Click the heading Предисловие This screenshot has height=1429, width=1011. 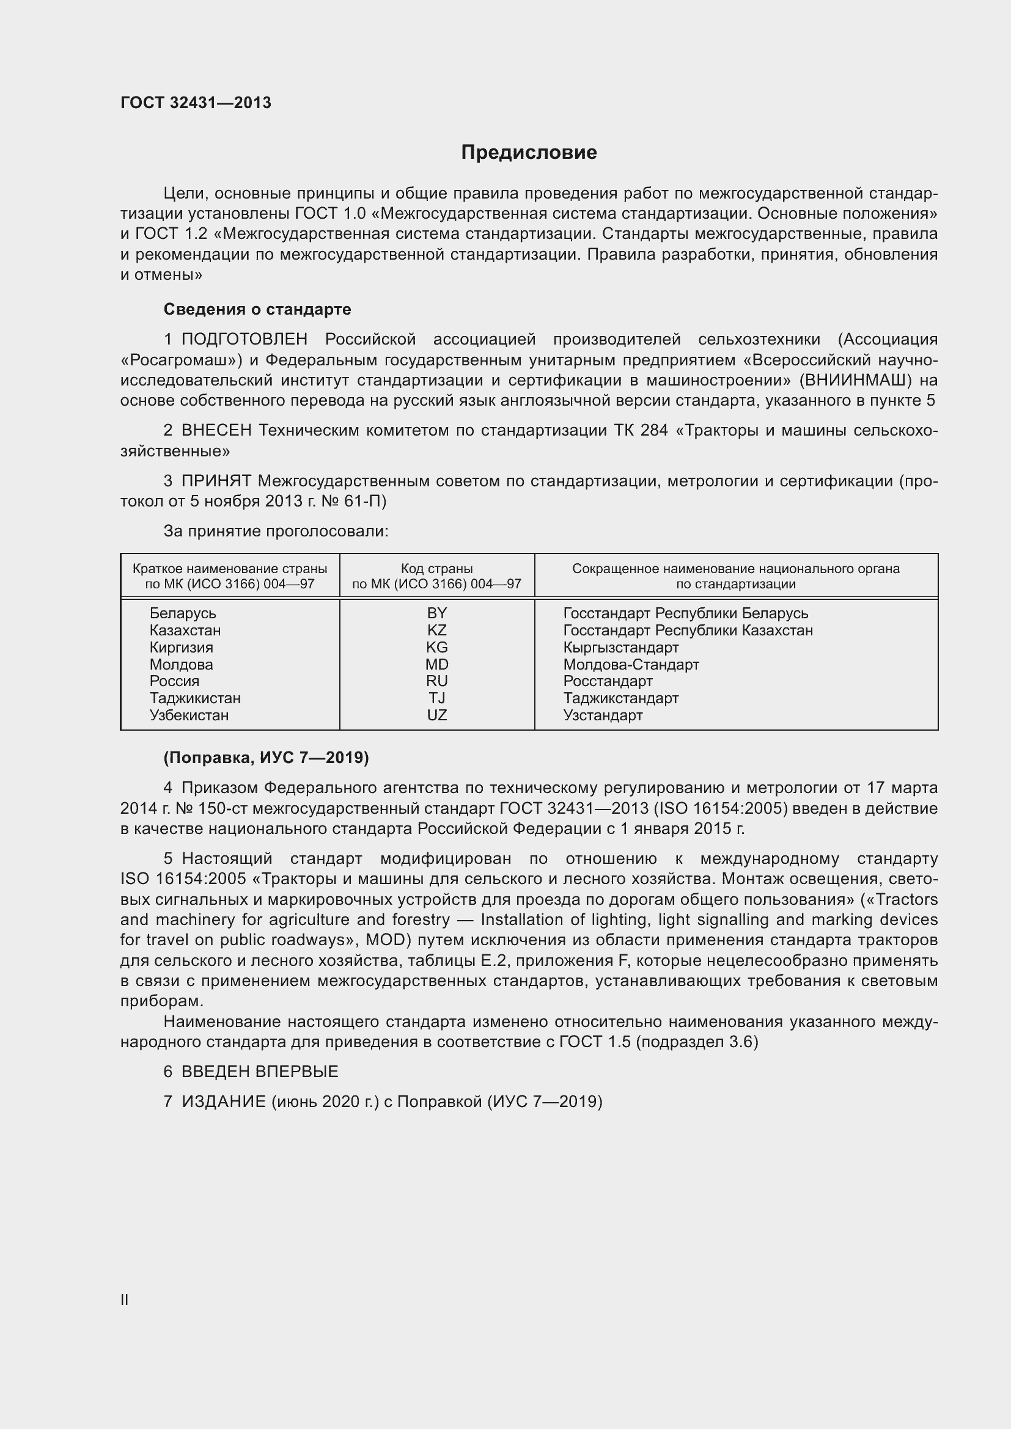529,153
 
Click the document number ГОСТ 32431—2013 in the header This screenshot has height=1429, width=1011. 196,103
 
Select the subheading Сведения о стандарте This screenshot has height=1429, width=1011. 257,309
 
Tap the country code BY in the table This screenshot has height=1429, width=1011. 436,613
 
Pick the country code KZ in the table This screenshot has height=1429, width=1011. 436,630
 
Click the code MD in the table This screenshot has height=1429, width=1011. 436,664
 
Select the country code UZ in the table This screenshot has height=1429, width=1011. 436,715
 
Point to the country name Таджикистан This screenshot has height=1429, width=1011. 195,698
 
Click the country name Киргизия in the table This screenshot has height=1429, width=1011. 181,647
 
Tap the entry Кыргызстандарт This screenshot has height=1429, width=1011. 620,647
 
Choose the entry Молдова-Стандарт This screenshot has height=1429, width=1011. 631,664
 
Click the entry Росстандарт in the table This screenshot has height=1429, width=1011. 608,681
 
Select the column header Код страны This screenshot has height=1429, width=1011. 436,568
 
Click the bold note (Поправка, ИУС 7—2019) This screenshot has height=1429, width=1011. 266,758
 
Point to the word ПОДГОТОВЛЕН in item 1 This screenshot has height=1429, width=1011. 244,339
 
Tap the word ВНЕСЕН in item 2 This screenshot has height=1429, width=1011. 216,430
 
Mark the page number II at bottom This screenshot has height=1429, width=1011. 125,1299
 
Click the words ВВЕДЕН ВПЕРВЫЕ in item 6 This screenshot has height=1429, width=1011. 260,1071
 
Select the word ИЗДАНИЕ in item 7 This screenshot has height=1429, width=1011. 224,1102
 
